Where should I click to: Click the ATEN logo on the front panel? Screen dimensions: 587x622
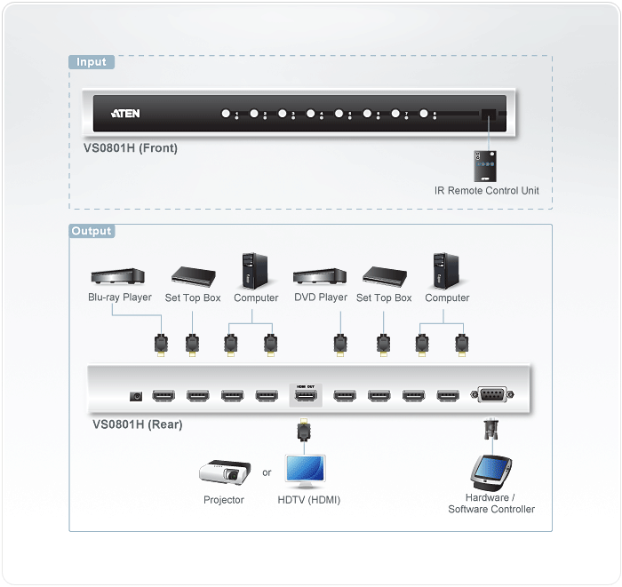click(125, 114)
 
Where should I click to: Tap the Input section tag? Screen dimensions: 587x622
click(92, 62)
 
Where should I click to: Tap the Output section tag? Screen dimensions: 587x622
click(92, 231)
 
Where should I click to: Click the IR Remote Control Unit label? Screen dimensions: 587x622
click(486, 191)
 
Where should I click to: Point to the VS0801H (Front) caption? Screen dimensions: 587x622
click(124, 148)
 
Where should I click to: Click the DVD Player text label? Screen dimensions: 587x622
click(321, 297)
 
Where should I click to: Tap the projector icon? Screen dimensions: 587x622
click(222, 473)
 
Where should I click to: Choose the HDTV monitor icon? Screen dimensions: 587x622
click(305, 472)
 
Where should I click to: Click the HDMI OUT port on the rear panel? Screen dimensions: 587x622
click(305, 396)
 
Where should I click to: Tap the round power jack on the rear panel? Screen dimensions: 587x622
click(136, 396)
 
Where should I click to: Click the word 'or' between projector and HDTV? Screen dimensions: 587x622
click(267, 472)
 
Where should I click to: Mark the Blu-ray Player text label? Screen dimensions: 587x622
click(120, 297)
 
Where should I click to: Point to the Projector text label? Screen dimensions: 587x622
click(224, 500)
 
